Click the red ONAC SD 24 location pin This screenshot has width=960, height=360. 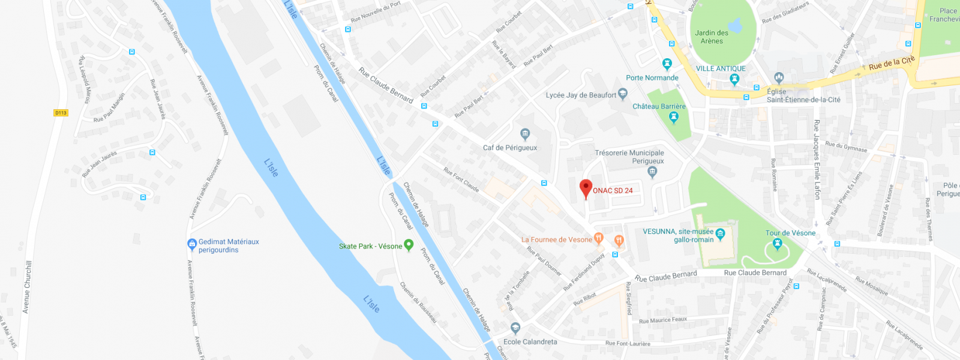[586, 188]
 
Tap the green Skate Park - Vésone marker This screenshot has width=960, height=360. [409, 244]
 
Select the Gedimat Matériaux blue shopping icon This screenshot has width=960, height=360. [192, 244]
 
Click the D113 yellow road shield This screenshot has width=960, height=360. [61, 113]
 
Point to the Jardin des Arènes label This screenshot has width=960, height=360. [712, 37]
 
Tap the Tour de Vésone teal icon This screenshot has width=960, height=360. [778, 244]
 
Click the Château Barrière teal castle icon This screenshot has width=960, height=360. [673, 116]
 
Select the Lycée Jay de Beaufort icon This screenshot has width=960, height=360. [623, 94]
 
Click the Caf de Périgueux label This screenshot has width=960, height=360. [510, 148]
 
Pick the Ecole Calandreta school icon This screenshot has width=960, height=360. [515, 328]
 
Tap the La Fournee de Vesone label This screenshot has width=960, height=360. [556, 239]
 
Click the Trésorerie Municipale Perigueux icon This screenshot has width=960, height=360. [653, 172]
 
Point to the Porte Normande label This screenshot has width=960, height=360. [652, 78]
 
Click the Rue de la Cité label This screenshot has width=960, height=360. [892, 63]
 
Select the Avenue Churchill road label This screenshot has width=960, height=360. [26, 287]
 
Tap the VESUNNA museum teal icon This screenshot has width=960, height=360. [721, 233]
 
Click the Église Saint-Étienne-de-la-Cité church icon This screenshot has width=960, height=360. [779, 77]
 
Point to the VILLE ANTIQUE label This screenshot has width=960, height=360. [721, 68]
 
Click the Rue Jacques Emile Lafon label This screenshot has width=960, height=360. [817, 159]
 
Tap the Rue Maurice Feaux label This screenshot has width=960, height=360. [663, 320]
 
